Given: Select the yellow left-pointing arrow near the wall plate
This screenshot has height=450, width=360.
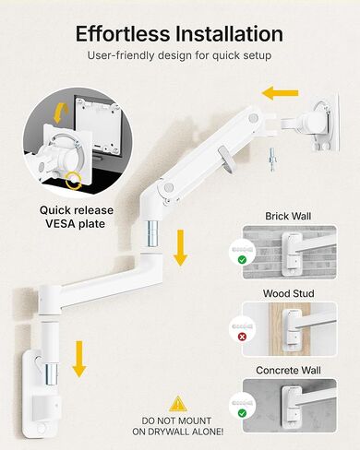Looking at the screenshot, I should (281, 93).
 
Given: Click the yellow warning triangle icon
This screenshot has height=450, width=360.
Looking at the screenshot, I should (177, 403).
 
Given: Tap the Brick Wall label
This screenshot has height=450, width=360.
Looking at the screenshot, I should (287, 216).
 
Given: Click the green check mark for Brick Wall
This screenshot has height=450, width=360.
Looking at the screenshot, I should (241, 260).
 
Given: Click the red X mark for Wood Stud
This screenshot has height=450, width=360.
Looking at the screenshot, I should (241, 337).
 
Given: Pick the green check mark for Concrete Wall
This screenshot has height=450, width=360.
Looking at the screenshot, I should (241, 413).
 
